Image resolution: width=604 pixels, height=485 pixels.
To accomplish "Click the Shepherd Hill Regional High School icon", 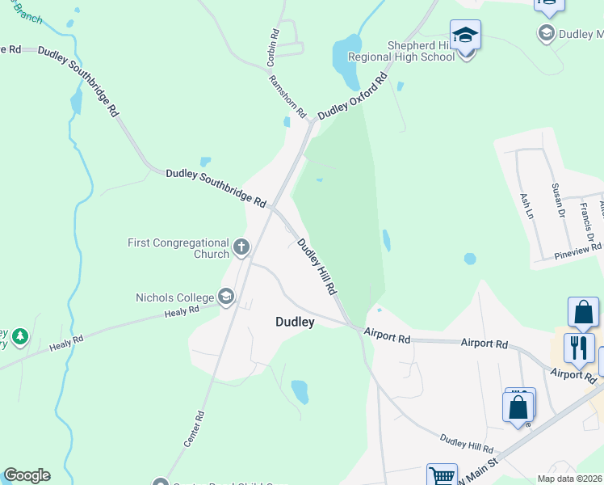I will tap(465, 36).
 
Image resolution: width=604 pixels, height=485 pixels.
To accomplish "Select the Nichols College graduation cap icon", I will tap(226, 297).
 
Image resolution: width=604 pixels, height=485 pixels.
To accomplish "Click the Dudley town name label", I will tap(295, 322).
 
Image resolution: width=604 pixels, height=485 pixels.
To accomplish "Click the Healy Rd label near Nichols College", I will tap(182, 311).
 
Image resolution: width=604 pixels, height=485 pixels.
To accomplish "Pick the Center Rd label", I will tap(195, 429).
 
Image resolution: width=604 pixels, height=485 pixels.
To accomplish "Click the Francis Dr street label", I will tap(585, 217).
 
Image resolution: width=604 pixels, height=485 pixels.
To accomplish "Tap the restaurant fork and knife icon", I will tap(579, 348).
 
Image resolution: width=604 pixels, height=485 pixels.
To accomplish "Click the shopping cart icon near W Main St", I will tap(442, 476).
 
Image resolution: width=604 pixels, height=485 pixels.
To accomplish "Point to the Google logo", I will tap(27, 475).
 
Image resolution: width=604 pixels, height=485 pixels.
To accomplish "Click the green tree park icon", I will tap(19, 335).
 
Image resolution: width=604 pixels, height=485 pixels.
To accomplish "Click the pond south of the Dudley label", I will tap(300, 391).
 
